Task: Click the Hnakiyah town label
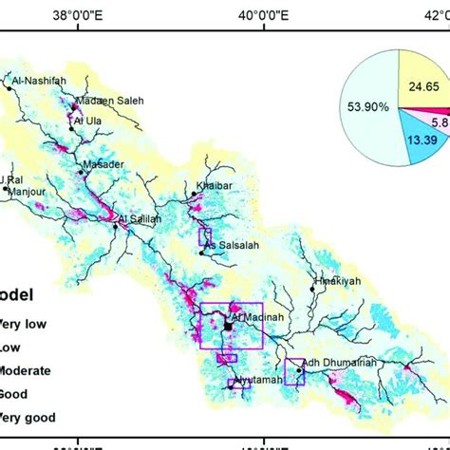pyautogui.click(x=337, y=283)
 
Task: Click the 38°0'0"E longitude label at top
pyautogui.click(x=80, y=14)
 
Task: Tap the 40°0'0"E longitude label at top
pyautogui.click(x=262, y=14)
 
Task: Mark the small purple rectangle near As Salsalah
pyautogui.click(x=204, y=236)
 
